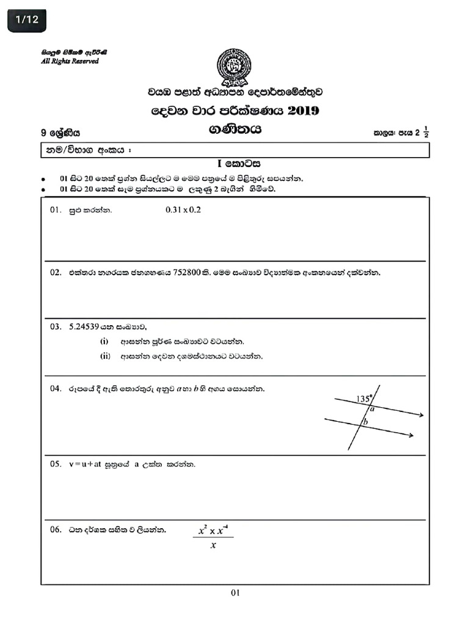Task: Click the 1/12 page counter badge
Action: tap(27, 20)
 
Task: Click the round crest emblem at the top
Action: tap(234, 67)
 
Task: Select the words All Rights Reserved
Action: tap(70, 61)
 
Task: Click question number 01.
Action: tap(56, 210)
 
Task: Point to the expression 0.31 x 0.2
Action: tap(183, 210)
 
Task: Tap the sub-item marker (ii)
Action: tap(105, 356)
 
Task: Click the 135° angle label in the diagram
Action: tap(364, 399)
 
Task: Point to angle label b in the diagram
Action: tap(366, 422)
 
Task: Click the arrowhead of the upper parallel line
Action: tap(421, 416)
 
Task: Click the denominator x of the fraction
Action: tap(213, 546)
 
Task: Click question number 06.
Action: tap(56, 529)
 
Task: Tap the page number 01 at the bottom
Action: tap(236, 592)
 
